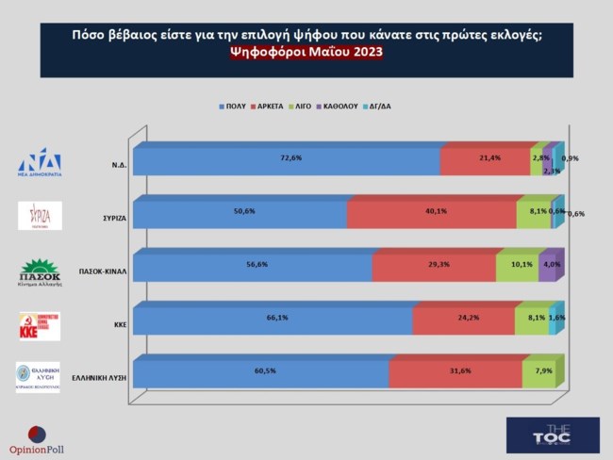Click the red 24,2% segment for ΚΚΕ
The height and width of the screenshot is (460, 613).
pyautogui.click(x=463, y=320)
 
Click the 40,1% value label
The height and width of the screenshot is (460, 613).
pyautogui.click(x=436, y=211)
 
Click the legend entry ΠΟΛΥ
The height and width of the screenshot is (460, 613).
pyautogui.click(x=231, y=107)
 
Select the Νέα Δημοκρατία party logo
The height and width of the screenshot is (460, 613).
pyautogui.click(x=39, y=162)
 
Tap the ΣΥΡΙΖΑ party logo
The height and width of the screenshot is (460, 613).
pyautogui.click(x=40, y=216)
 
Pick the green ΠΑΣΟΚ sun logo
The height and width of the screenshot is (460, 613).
pyautogui.click(x=39, y=267)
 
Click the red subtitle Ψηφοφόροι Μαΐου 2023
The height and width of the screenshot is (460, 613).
pyautogui.click(x=306, y=53)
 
